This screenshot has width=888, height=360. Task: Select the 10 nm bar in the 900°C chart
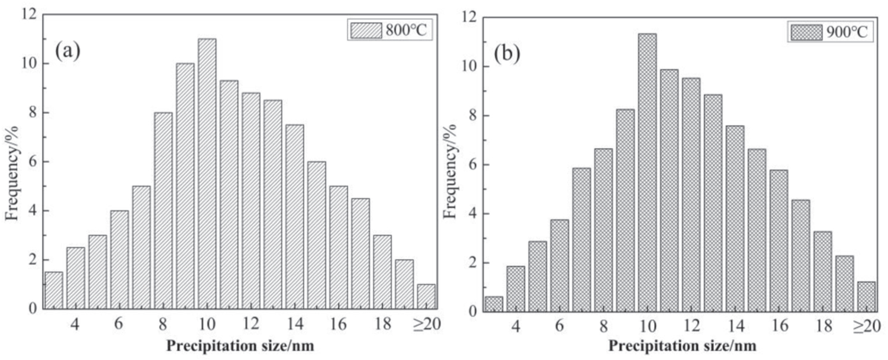[x=647, y=172]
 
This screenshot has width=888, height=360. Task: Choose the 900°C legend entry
[x=829, y=33]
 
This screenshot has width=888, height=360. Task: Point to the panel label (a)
[x=67, y=52]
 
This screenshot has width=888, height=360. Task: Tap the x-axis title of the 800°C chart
[x=240, y=347]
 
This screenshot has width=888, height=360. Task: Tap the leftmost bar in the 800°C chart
[x=54, y=290]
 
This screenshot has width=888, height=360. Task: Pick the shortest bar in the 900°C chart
[x=494, y=304]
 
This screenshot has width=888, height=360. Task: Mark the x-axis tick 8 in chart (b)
[x=603, y=327]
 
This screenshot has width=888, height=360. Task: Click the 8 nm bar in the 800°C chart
[x=163, y=211]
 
